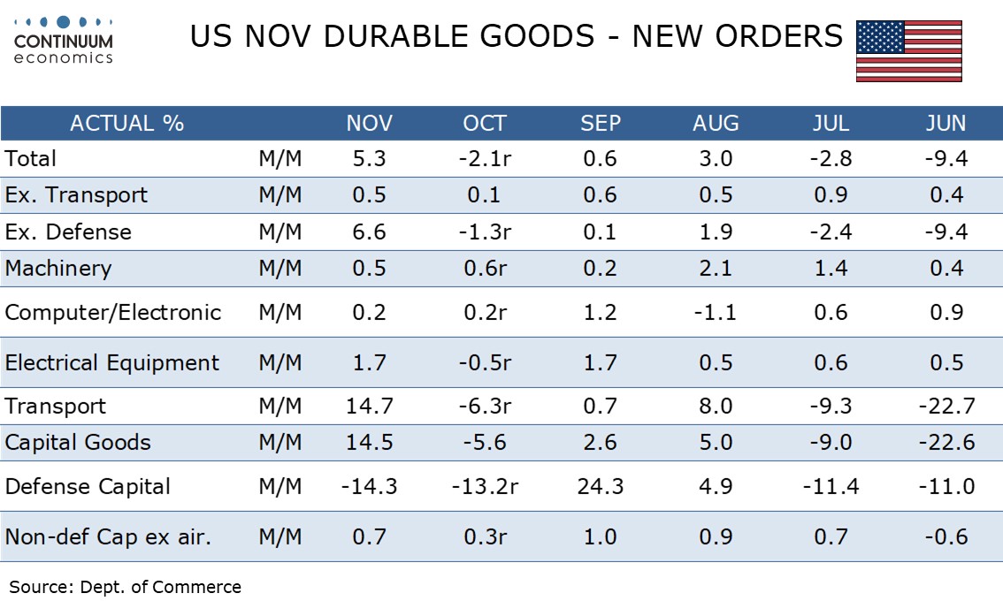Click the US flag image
coord(908,51)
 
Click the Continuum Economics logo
coord(64,41)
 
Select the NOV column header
coord(369,123)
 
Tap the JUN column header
coord(946,123)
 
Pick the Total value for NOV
coord(369,159)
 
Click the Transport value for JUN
coord(946,407)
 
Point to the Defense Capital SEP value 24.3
coord(601,486)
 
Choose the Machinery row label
coord(58,269)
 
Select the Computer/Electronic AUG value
coord(716,313)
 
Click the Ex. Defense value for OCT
coord(485,232)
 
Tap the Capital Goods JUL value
coord(831,443)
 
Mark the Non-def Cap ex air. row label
coord(108,536)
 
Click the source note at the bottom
coord(125,587)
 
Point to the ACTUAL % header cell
coord(126,123)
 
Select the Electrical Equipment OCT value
coord(485,363)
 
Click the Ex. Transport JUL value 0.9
coord(831,195)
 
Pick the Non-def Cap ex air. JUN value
coord(946,536)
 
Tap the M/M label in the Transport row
coord(280,407)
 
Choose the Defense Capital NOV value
coord(369,486)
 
